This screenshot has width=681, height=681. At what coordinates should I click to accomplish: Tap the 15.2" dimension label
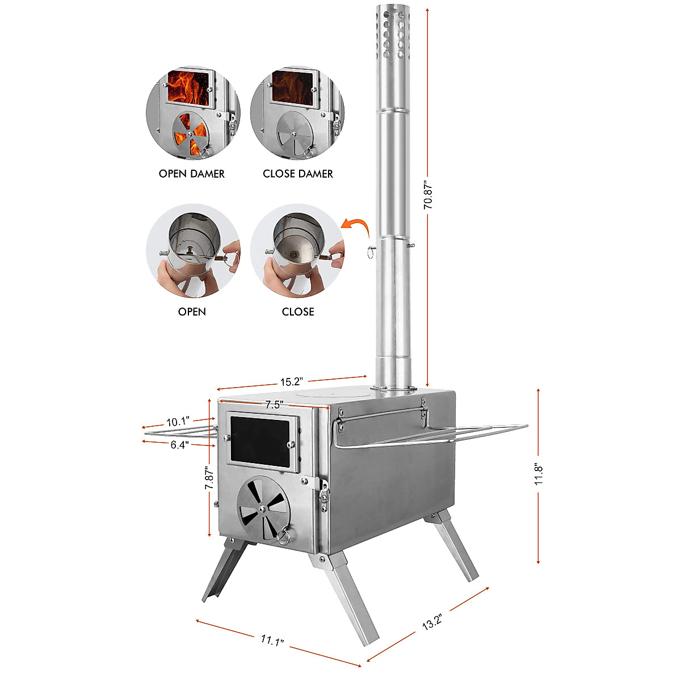[x=292, y=381]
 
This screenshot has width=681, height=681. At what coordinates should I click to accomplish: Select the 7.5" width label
[x=274, y=405]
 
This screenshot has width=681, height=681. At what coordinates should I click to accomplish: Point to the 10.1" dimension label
[x=177, y=422]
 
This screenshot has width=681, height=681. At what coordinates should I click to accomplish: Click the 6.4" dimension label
[x=179, y=445]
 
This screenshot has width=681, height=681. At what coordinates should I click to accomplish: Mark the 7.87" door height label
[x=209, y=478]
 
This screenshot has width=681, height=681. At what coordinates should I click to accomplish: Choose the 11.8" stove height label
[x=539, y=474]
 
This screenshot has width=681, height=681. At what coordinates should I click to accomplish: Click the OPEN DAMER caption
[x=192, y=174]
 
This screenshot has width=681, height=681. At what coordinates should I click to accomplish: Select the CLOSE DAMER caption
[x=298, y=174]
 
